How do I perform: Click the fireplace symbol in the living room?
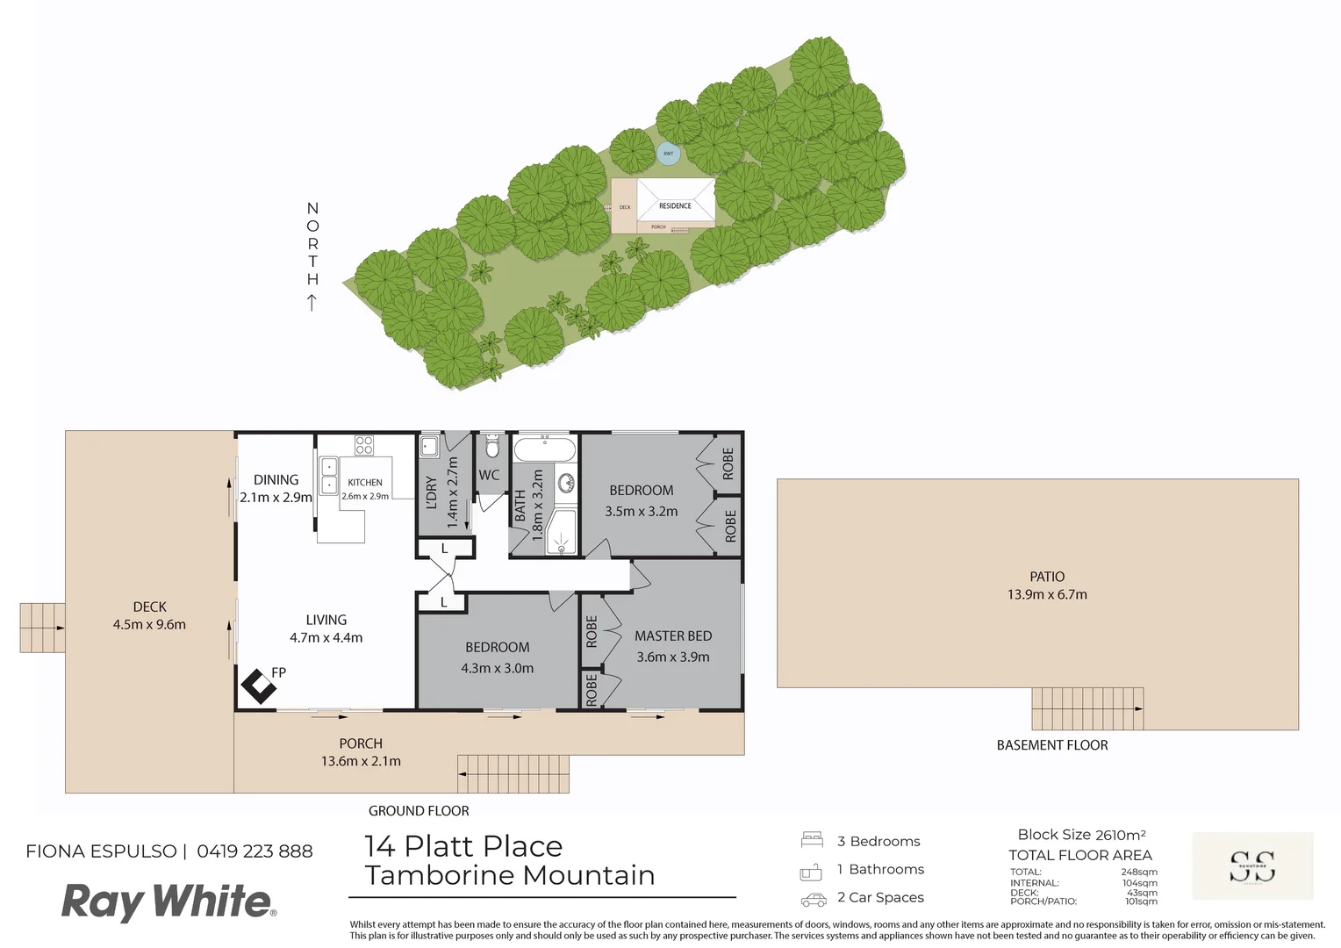click(259, 686)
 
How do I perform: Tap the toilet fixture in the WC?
click(491, 449)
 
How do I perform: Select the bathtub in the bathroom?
click(544, 451)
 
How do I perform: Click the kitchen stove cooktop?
click(364, 445)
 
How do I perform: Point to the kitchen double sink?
click(329, 476)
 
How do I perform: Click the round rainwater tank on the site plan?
click(669, 154)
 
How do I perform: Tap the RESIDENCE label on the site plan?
click(675, 205)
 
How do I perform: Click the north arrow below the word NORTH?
click(312, 303)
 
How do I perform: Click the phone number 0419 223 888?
click(255, 851)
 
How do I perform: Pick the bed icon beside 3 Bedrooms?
click(812, 840)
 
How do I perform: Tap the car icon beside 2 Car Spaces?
click(814, 900)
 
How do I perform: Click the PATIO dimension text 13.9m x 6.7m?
click(1047, 594)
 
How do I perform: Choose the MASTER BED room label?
click(673, 636)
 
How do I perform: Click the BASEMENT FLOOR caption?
click(1052, 745)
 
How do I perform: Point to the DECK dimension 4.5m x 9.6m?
click(149, 624)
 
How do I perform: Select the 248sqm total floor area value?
click(1139, 873)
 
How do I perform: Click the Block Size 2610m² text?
click(1081, 835)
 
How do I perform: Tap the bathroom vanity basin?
click(565, 483)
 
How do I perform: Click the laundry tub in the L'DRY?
click(429, 447)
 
